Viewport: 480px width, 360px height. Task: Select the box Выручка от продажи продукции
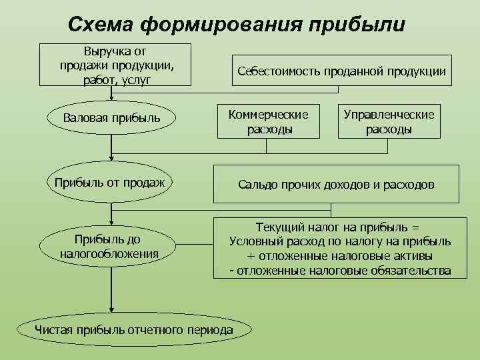click(115, 65)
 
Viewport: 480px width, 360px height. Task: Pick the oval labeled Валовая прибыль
click(111, 118)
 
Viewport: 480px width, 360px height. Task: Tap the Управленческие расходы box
click(389, 121)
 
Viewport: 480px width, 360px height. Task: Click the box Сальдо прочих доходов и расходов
click(336, 184)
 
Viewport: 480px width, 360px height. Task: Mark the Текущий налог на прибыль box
click(339, 248)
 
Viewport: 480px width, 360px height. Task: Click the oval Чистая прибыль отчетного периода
click(134, 330)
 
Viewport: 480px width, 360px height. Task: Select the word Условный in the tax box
click(253, 241)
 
